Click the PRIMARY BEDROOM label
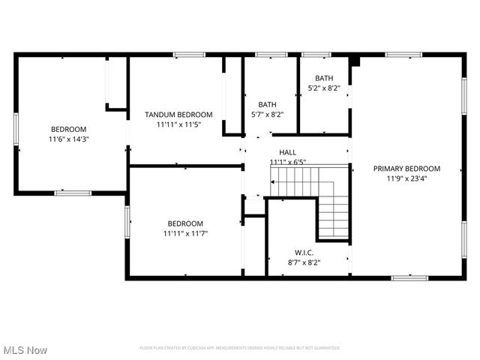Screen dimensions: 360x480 [x=406, y=169]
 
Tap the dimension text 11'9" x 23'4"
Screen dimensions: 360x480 [x=406, y=178]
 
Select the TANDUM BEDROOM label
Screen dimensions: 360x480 [x=178, y=115]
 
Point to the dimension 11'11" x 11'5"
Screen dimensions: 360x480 [x=178, y=124]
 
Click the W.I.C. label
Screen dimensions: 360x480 [x=304, y=253]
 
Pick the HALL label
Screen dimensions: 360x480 [x=288, y=152]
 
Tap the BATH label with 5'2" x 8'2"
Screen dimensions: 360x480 [x=324, y=78]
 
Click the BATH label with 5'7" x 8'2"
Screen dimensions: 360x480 [x=267, y=105]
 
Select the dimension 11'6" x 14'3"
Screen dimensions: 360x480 [x=69, y=139]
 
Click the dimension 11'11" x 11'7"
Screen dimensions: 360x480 [x=184, y=233]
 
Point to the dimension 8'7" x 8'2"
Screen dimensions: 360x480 [x=304, y=262]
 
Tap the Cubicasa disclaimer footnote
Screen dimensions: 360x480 [x=239, y=348]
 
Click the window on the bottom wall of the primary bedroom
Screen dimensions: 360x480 [x=409, y=277]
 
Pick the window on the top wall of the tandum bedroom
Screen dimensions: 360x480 [x=189, y=55]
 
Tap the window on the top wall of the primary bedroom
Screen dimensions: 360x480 [x=403, y=55]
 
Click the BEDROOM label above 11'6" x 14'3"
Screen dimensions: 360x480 [x=69, y=129]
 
